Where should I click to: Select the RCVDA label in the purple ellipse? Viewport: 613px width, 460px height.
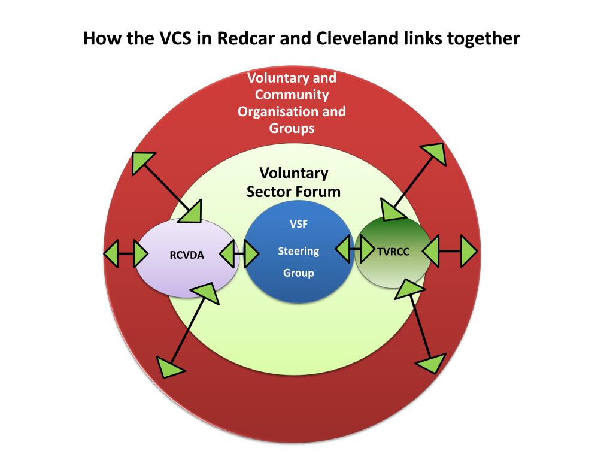coord(187,255)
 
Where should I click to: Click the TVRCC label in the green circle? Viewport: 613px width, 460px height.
coord(393,252)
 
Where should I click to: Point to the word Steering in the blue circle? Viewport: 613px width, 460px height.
coord(298,252)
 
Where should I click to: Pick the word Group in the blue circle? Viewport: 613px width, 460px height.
coord(298,273)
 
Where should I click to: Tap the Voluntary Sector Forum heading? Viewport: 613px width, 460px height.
coord(293,183)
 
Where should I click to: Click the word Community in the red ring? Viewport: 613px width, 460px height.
coord(292,95)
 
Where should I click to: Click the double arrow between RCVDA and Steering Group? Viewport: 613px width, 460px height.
coord(239,255)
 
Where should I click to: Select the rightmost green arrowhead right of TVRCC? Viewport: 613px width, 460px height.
coord(468,251)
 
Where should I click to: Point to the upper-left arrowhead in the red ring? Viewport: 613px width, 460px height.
coord(142,162)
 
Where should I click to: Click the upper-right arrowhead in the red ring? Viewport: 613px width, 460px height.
coord(435,155)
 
